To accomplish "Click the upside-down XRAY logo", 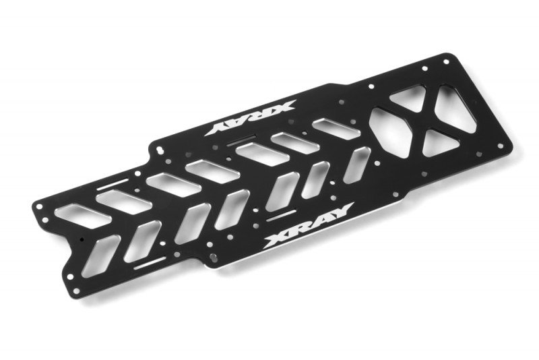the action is [250, 117].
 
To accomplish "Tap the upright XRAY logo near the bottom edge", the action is [308, 226].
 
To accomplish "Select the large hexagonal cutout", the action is [393, 131].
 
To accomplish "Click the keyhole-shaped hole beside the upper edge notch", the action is [160, 150].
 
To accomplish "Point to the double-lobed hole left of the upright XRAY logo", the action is [213, 258].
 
